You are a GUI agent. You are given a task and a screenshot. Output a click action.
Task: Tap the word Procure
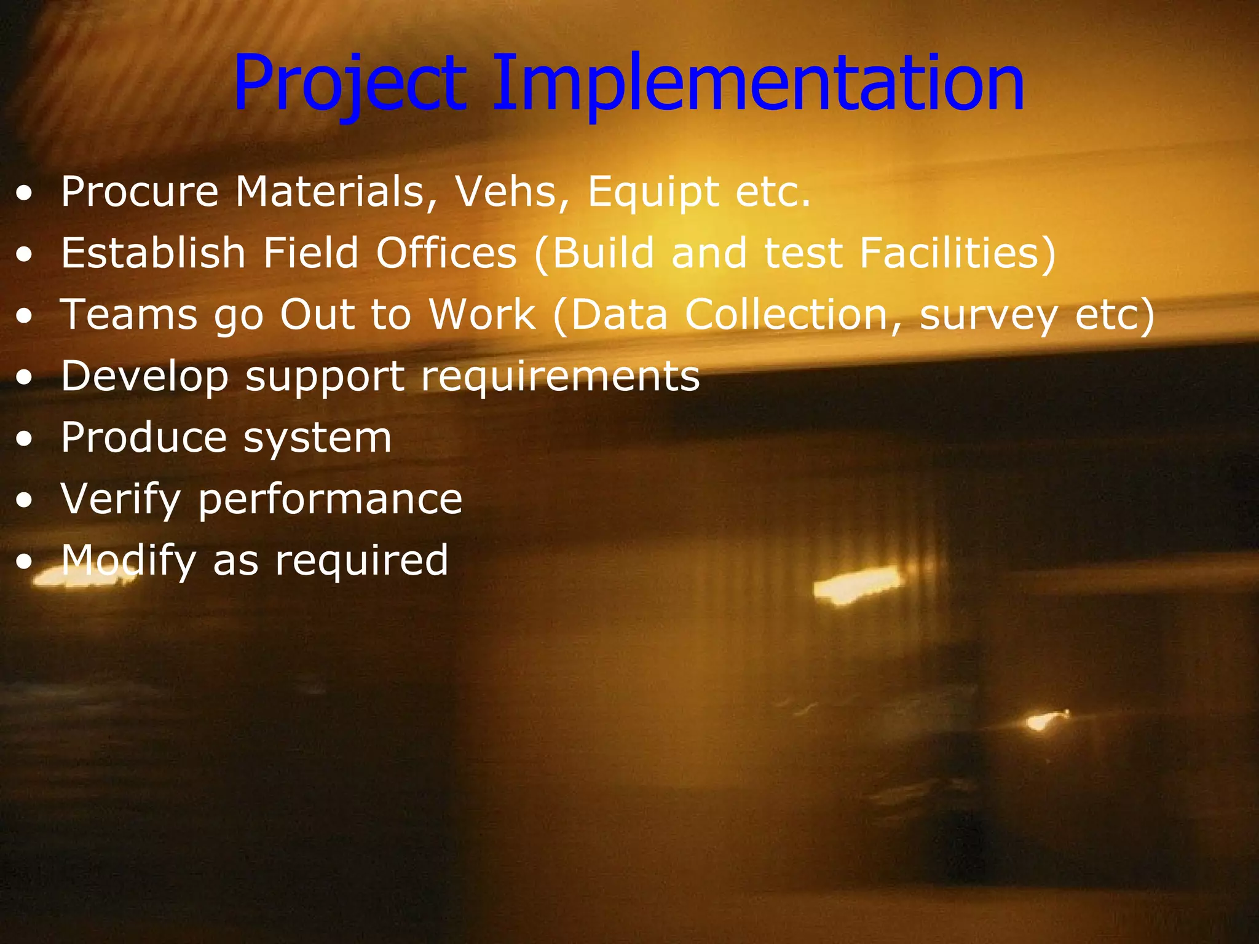click(x=140, y=192)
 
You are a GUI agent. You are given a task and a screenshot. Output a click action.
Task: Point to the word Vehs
click(x=511, y=192)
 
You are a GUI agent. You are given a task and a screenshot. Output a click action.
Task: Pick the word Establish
click(x=153, y=253)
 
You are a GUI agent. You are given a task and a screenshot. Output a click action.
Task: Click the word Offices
click(x=446, y=253)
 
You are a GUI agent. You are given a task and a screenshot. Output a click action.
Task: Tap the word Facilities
click(x=957, y=253)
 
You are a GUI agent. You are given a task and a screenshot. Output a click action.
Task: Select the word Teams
click(x=128, y=315)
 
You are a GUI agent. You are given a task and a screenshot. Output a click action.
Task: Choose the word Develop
click(x=144, y=376)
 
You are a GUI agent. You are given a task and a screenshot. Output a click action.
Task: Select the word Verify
click(x=120, y=499)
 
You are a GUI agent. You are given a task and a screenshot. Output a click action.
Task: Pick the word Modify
click(x=128, y=560)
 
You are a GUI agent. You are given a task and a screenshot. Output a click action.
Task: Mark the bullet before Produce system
click(x=25, y=440)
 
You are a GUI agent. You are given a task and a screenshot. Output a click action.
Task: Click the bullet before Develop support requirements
click(x=25, y=379)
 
